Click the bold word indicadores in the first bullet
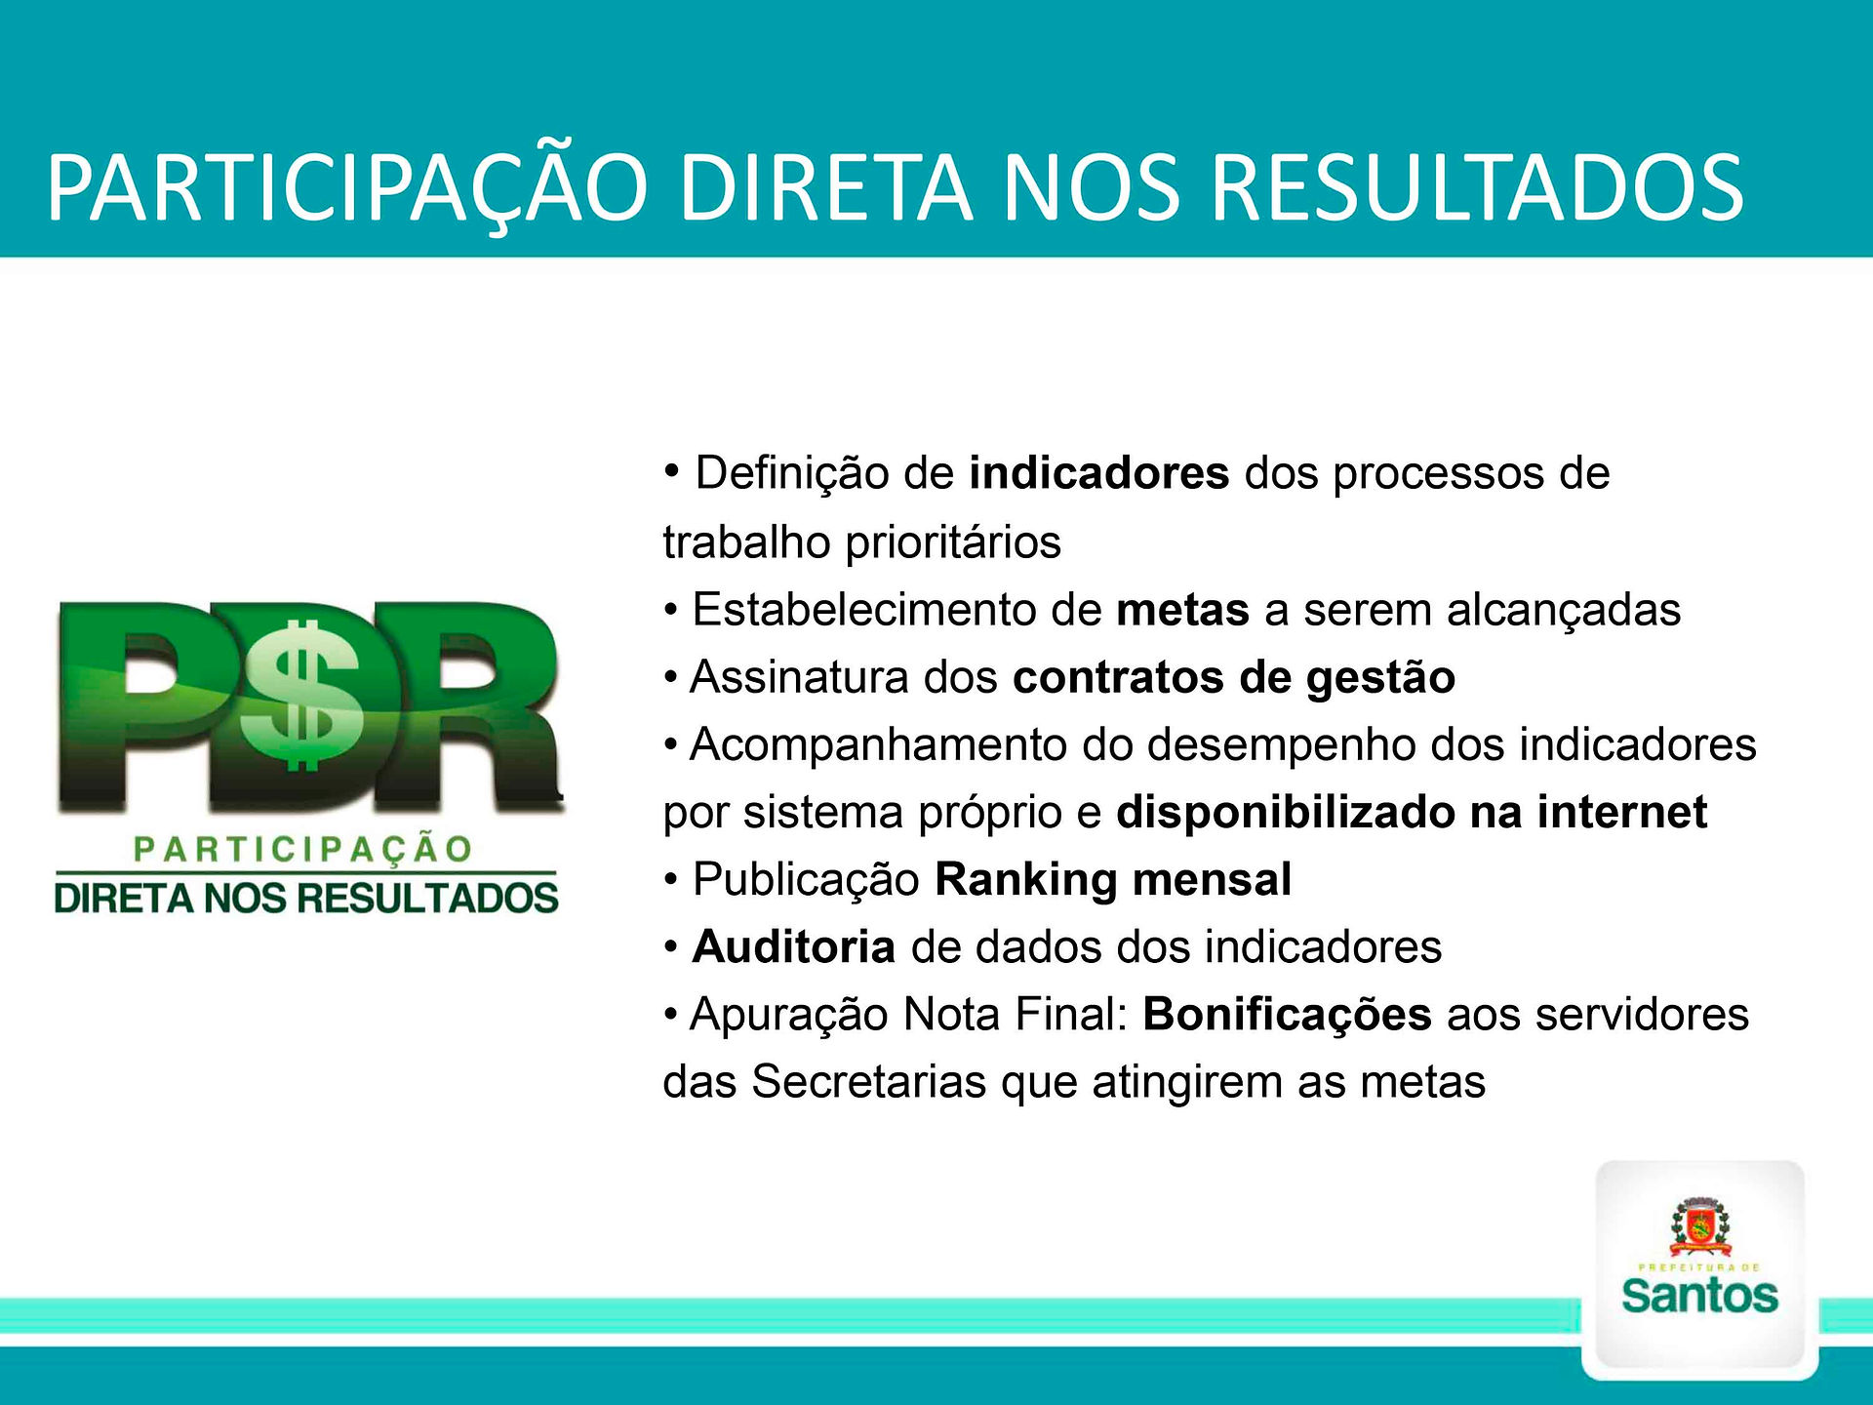point(1099,473)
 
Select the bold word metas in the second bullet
point(1182,610)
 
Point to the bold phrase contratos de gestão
point(1234,678)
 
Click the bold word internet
point(1622,812)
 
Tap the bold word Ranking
point(1026,881)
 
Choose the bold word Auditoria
point(793,946)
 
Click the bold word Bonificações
point(1287,1016)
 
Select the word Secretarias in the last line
point(869,1082)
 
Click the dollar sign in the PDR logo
point(303,696)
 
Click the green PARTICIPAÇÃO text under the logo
point(303,849)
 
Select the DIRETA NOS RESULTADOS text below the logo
point(306,898)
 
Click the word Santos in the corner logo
point(1699,1296)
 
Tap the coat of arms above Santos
point(1699,1227)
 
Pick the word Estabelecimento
point(863,610)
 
